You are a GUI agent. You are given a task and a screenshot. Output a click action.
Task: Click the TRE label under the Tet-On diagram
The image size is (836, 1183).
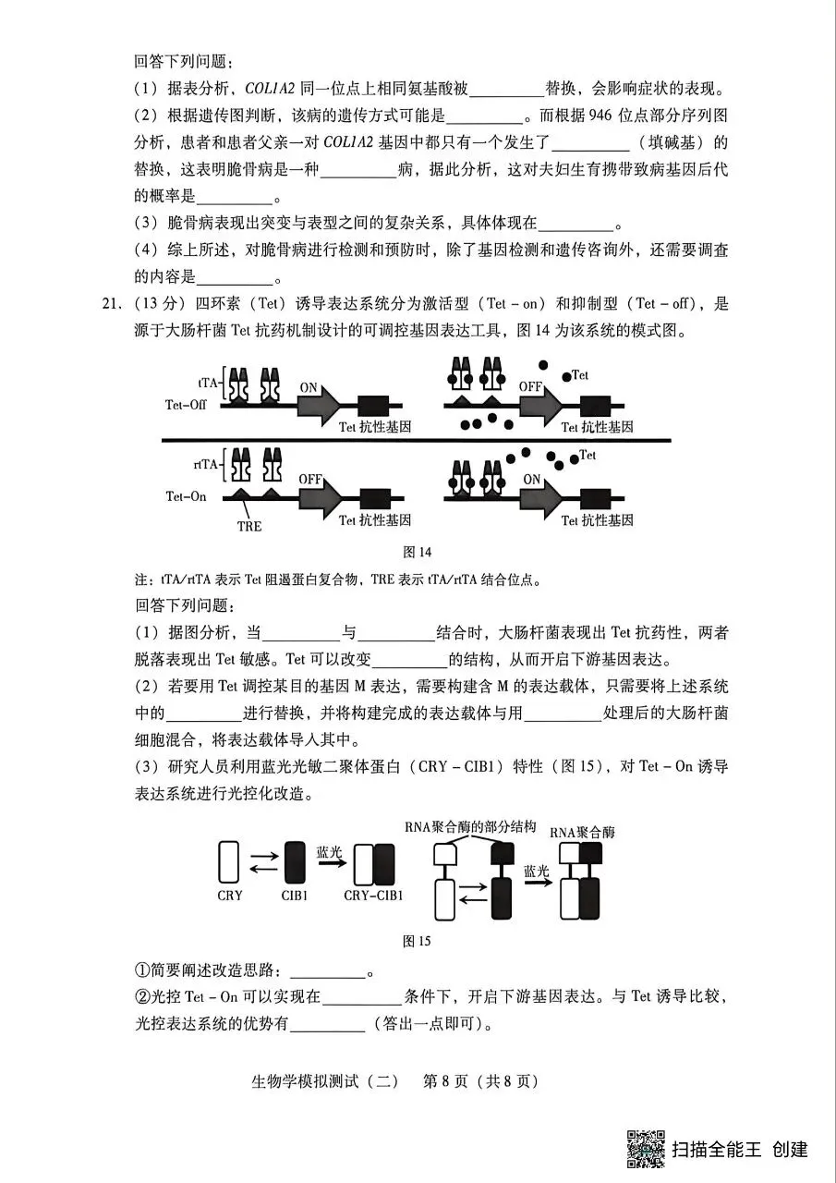[x=249, y=526]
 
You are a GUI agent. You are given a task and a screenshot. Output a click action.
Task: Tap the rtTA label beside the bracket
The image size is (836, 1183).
[x=206, y=465]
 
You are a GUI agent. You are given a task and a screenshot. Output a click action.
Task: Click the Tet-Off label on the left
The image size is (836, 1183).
[x=187, y=405]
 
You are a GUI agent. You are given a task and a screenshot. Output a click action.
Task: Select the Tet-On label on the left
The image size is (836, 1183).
[x=187, y=496]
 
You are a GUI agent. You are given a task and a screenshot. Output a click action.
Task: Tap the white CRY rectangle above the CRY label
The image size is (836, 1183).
[x=229, y=861]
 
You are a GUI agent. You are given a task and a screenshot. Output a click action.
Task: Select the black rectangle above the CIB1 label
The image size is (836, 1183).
[x=296, y=861]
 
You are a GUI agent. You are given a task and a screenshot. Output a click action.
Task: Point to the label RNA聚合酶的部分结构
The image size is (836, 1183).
[x=470, y=827]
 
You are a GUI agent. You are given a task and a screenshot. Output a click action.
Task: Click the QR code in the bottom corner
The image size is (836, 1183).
[x=646, y=1148]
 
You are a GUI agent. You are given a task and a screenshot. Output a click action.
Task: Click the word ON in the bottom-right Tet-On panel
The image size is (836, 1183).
[x=532, y=480]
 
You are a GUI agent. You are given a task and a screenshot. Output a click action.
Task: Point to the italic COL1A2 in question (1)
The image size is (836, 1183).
[x=272, y=90]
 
